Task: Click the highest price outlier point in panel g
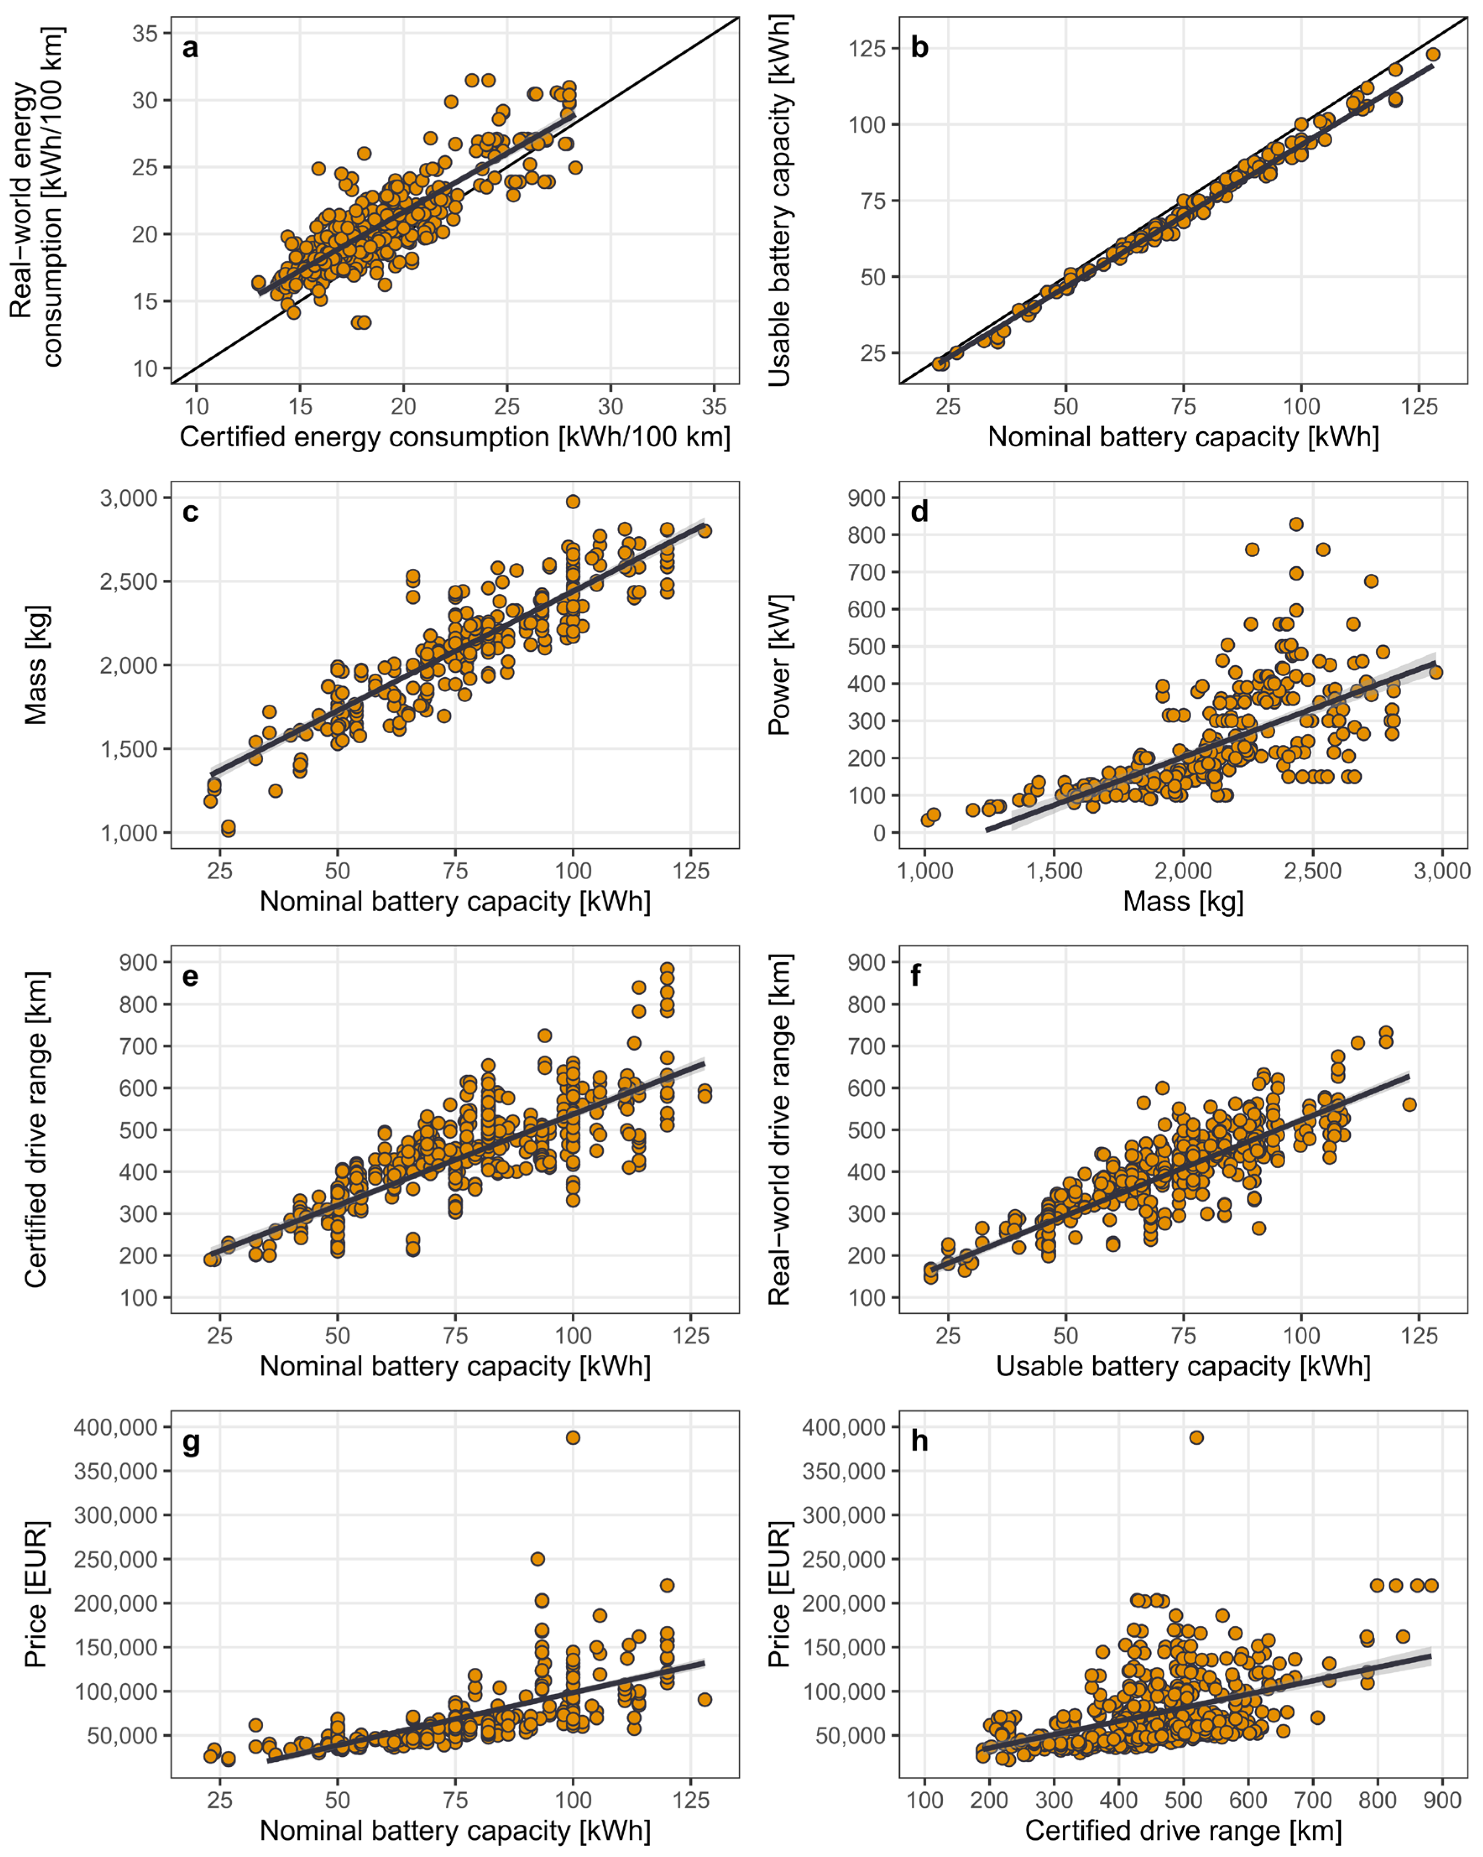[572, 1438]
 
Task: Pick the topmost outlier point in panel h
[1196, 1438]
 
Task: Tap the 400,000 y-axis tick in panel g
[115, 1427]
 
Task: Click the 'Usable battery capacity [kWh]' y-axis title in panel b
[779, 200]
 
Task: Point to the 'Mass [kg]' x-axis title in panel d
[1183, 902]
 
